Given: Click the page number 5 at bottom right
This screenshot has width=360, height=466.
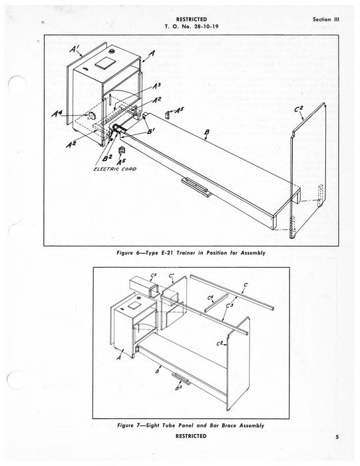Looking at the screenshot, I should tap(337, 437).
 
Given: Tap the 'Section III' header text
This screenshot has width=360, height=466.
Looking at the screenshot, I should tap(325, 19).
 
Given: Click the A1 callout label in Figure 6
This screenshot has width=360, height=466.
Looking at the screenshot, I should tap(75, 48).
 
